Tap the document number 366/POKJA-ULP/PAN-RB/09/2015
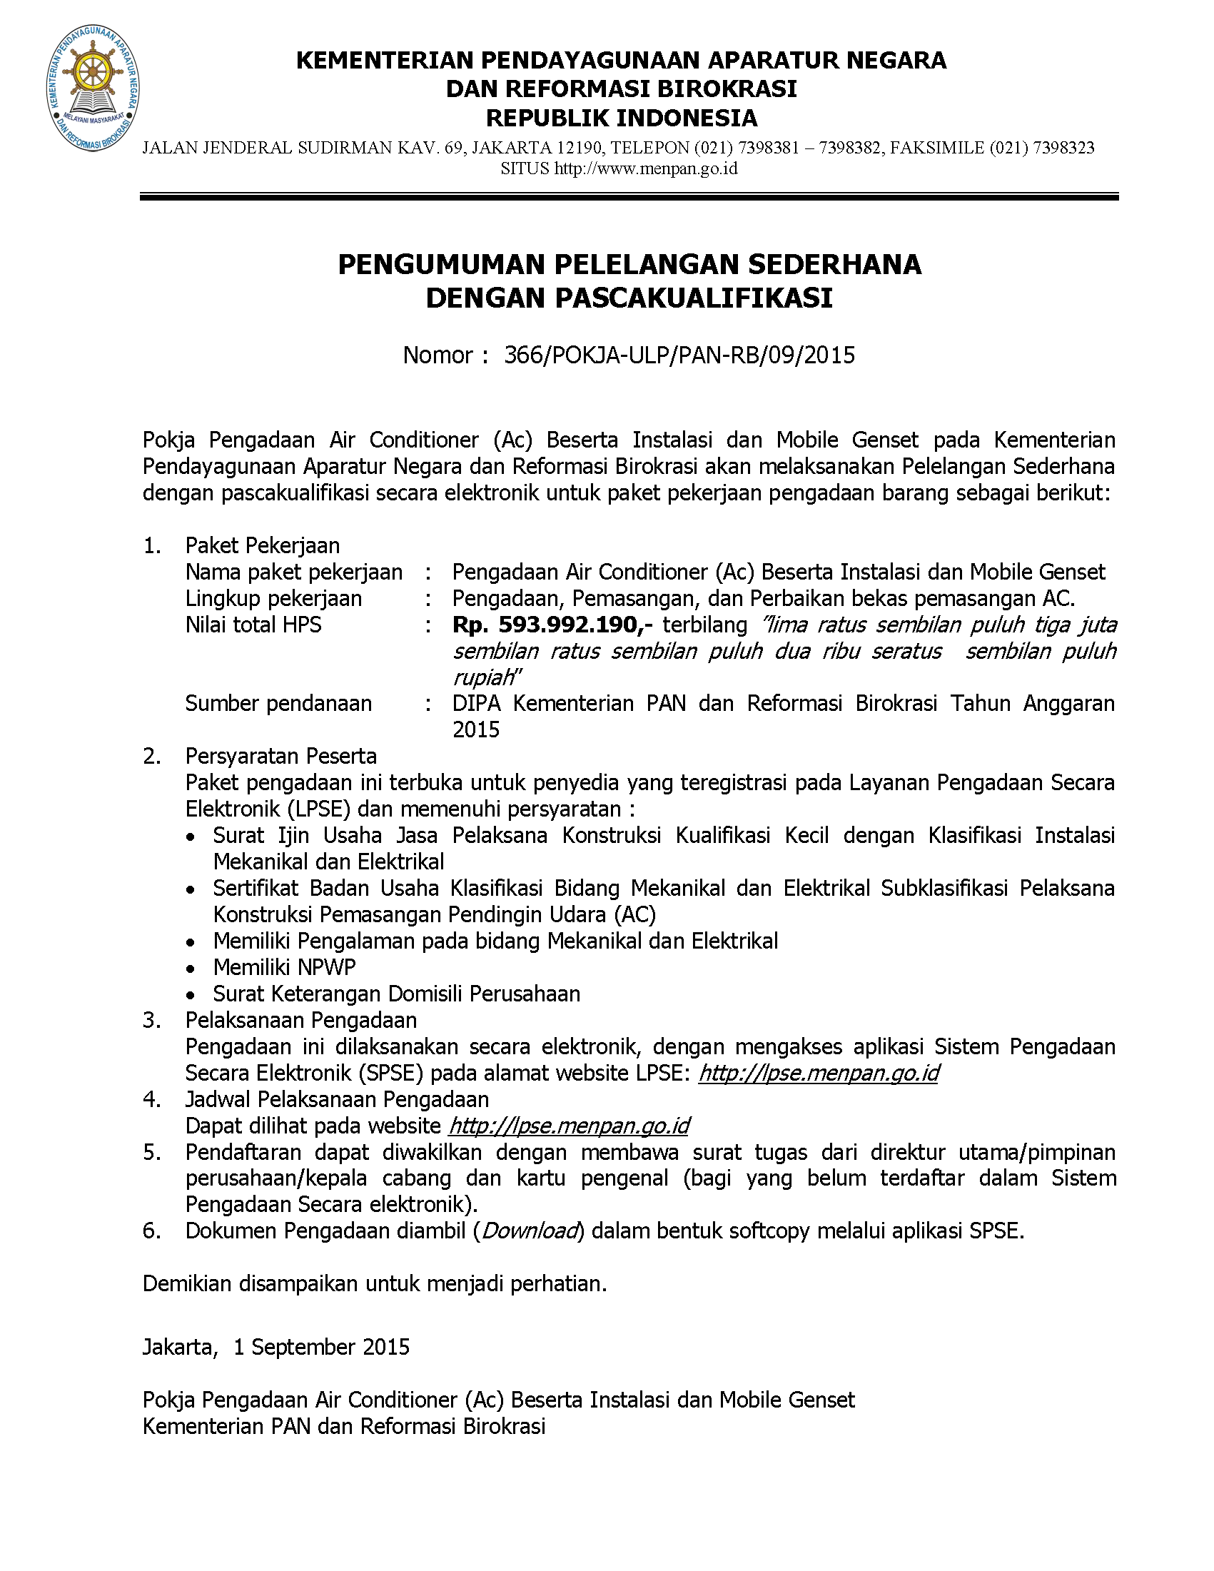pyautogui.click(x=679, y=355)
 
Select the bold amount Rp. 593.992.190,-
pyautogui.click(x=552, y=625)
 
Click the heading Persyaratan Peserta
pyautogui.click(x=281, y=756)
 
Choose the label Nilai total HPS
pyautogui.click(x=253, y=625)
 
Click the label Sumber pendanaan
pyautogui.click(x=278, y=704)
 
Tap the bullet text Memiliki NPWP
pyautogui.click(x=284, y=967)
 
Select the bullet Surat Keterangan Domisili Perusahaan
pyautogui.click(x=396, y=994)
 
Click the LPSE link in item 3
pyautogui.click(x=819, y=1074)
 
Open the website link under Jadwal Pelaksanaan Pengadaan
pyautogui.click(x=569, y=1126)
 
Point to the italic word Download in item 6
pyautogui.click(x=530, y=1231)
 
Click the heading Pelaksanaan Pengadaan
pyautogui.click(x=301, y=1021)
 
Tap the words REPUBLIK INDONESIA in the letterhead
pyautogui.click(x=622, y=118)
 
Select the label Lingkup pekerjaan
pyautogui.click(x=273, y=598)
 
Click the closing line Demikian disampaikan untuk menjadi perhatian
pyautogui.click(x=375, y=1284)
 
